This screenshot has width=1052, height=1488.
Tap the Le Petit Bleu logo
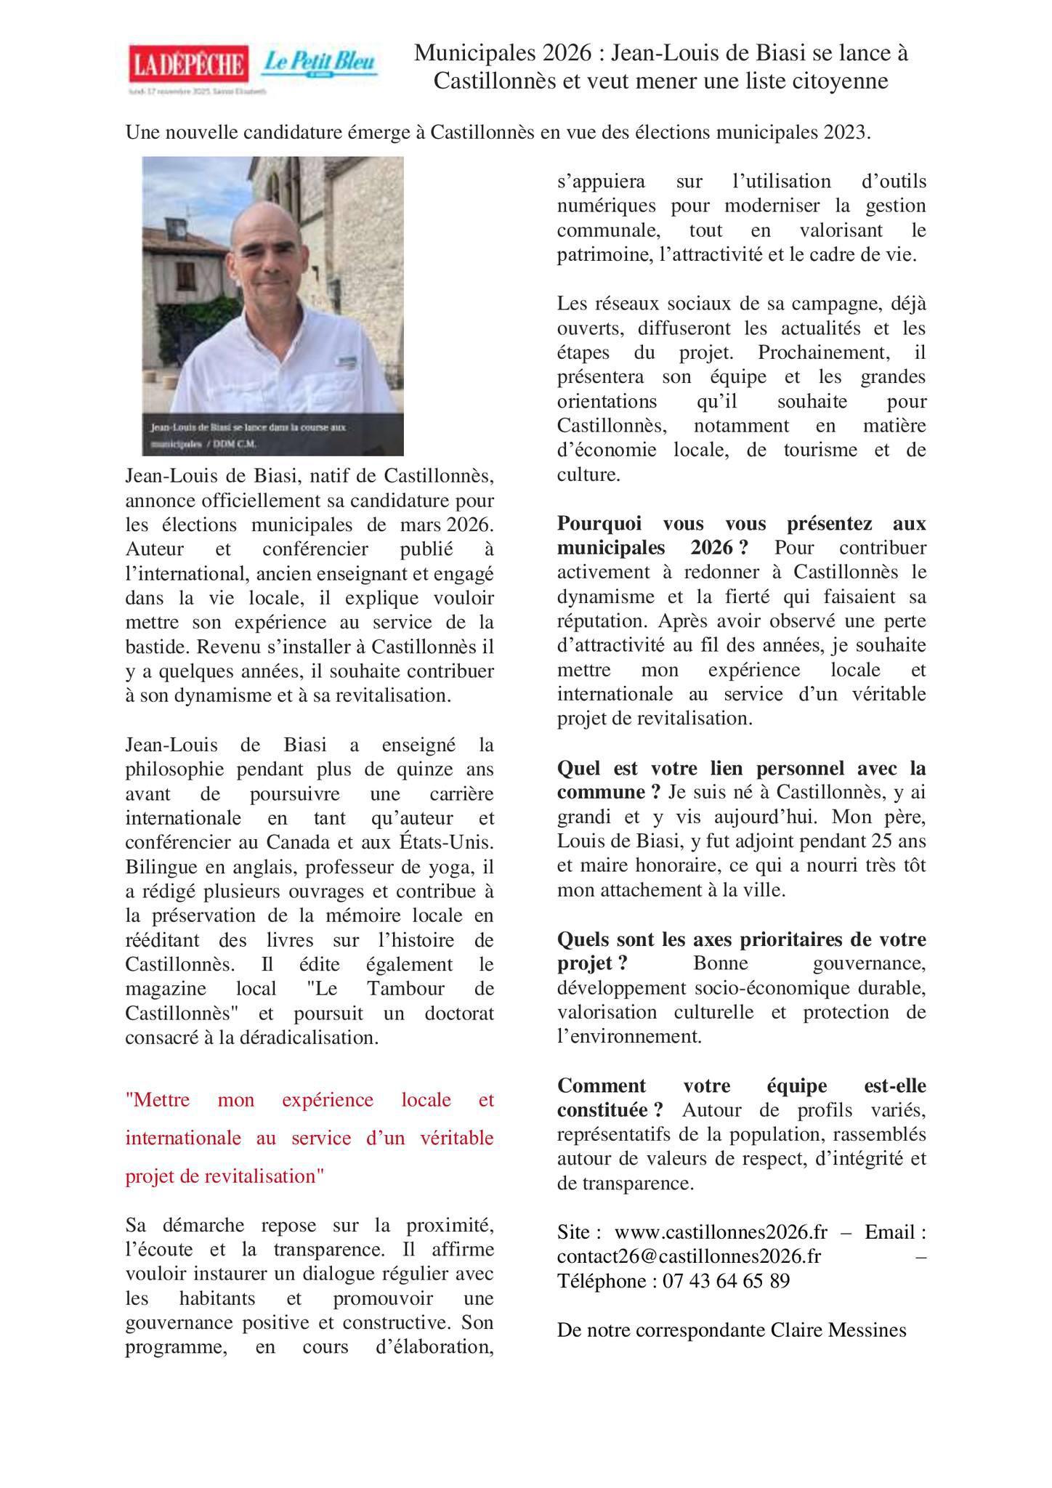pyautogui.click(x=320, y=63)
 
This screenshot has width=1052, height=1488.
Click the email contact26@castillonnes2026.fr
pyautogui.click(x=689, y=1256)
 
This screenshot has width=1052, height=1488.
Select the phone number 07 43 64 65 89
pyautogui.click(x=726, y=1280)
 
